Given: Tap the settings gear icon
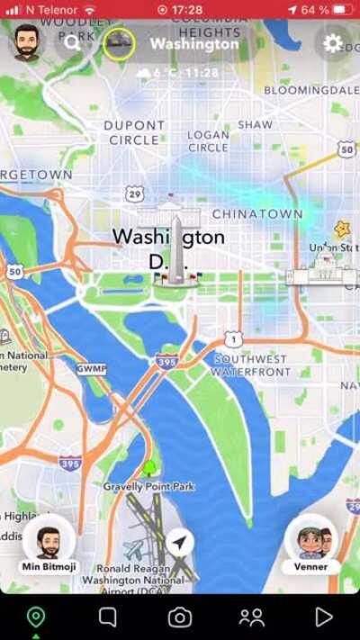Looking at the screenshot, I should click(x=333, y=43).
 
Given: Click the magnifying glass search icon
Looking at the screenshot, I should click(x=72, y=42).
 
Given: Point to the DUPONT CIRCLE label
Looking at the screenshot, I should click(x=134, y=132).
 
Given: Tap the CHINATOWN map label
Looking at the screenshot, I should click(x=257, y=214).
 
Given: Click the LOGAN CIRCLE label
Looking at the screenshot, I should click(x=208, y=141).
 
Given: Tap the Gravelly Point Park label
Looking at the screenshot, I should click(x=148, y=486).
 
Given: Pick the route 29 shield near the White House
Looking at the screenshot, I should click(x=135, y=194).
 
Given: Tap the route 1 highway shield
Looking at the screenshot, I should click(x=234, y=339).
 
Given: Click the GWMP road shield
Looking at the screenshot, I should click(x=91, y=369).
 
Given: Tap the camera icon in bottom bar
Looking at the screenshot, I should click(x=180, y=617).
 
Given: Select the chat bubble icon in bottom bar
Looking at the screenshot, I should click(x=108, y=617).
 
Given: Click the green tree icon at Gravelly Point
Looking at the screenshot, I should click(x=148, y=468).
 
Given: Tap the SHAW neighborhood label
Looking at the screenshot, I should click(x=255, y=124).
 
